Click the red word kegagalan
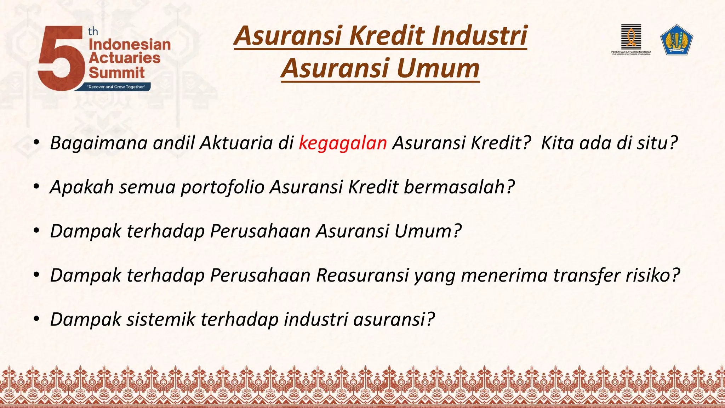tap(343, 143)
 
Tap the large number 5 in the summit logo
tap(60, 58)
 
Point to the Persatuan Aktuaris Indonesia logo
tap(631, 39)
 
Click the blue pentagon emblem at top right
tap(677, 40)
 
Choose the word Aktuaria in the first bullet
tap(236, 143)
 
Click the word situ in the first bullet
tap(653, 143)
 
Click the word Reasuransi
tap(362, 275)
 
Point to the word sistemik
tap(161, 319)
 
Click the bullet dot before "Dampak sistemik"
tap(36, 319)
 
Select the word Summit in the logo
tap(117, 73)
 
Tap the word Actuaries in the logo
tap(125, 58)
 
